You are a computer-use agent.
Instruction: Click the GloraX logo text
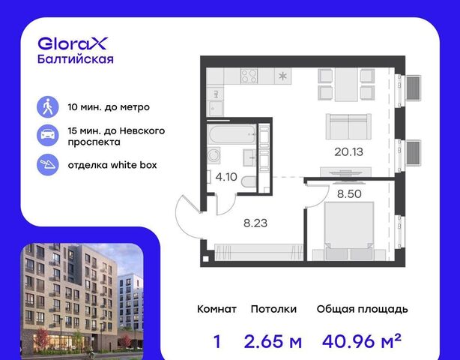point(73,43)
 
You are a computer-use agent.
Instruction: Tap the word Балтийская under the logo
point(76,59)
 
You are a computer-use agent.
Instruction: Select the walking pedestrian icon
point(47,106)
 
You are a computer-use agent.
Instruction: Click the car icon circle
point(47,135)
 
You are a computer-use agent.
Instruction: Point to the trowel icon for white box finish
point(47,165)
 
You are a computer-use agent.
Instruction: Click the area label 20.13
point(348,151)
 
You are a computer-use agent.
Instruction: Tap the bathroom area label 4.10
point(226,177)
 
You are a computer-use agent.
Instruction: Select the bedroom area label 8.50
point(349,193)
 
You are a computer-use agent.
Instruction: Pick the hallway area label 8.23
point(255,223)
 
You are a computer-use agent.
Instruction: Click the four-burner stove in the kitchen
point(249,76)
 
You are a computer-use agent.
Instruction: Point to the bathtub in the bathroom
point(231,134)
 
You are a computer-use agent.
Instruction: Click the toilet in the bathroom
point(249,181)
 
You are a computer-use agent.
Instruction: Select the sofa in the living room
point(348,127)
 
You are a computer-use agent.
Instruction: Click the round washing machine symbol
point(214,155)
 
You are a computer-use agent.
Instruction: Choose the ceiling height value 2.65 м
point(273,341)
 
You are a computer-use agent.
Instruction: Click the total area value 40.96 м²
point(362,340)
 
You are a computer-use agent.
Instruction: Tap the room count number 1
point(217,341)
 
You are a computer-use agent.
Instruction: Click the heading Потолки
point(273,309)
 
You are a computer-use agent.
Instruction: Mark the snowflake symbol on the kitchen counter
point(282,76)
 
